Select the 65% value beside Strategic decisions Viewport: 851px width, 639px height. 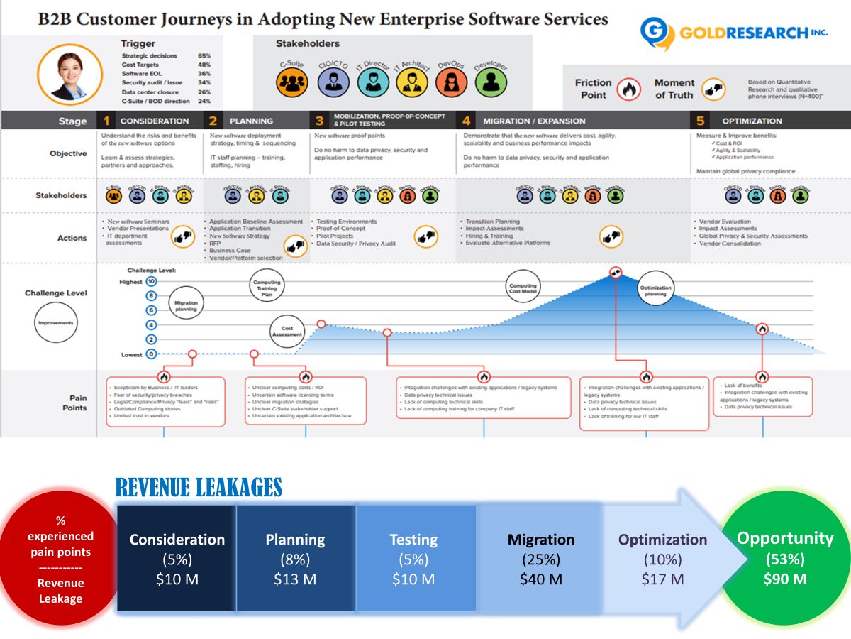coord(204,55)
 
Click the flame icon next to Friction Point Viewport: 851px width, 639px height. coord(628,89)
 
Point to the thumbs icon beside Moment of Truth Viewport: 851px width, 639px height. coord(713,89)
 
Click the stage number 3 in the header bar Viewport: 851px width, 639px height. coord(319,121)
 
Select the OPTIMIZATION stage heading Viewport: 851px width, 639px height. coord(752,121)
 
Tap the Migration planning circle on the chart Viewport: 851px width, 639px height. coord(186,306)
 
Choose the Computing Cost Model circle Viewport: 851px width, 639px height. coord(523,288)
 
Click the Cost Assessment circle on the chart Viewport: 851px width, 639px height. coord(287,332)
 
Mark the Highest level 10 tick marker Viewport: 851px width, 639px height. coord(151,282)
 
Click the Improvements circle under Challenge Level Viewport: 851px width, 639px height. coord(55,323)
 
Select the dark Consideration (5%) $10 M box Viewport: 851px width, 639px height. coord(177,559)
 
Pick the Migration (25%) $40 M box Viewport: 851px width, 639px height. coord(540,559)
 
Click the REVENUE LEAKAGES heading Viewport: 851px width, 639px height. coord(199,488)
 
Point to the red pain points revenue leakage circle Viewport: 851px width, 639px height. coord(61,559)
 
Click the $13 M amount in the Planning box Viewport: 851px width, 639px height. coord(295,579)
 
